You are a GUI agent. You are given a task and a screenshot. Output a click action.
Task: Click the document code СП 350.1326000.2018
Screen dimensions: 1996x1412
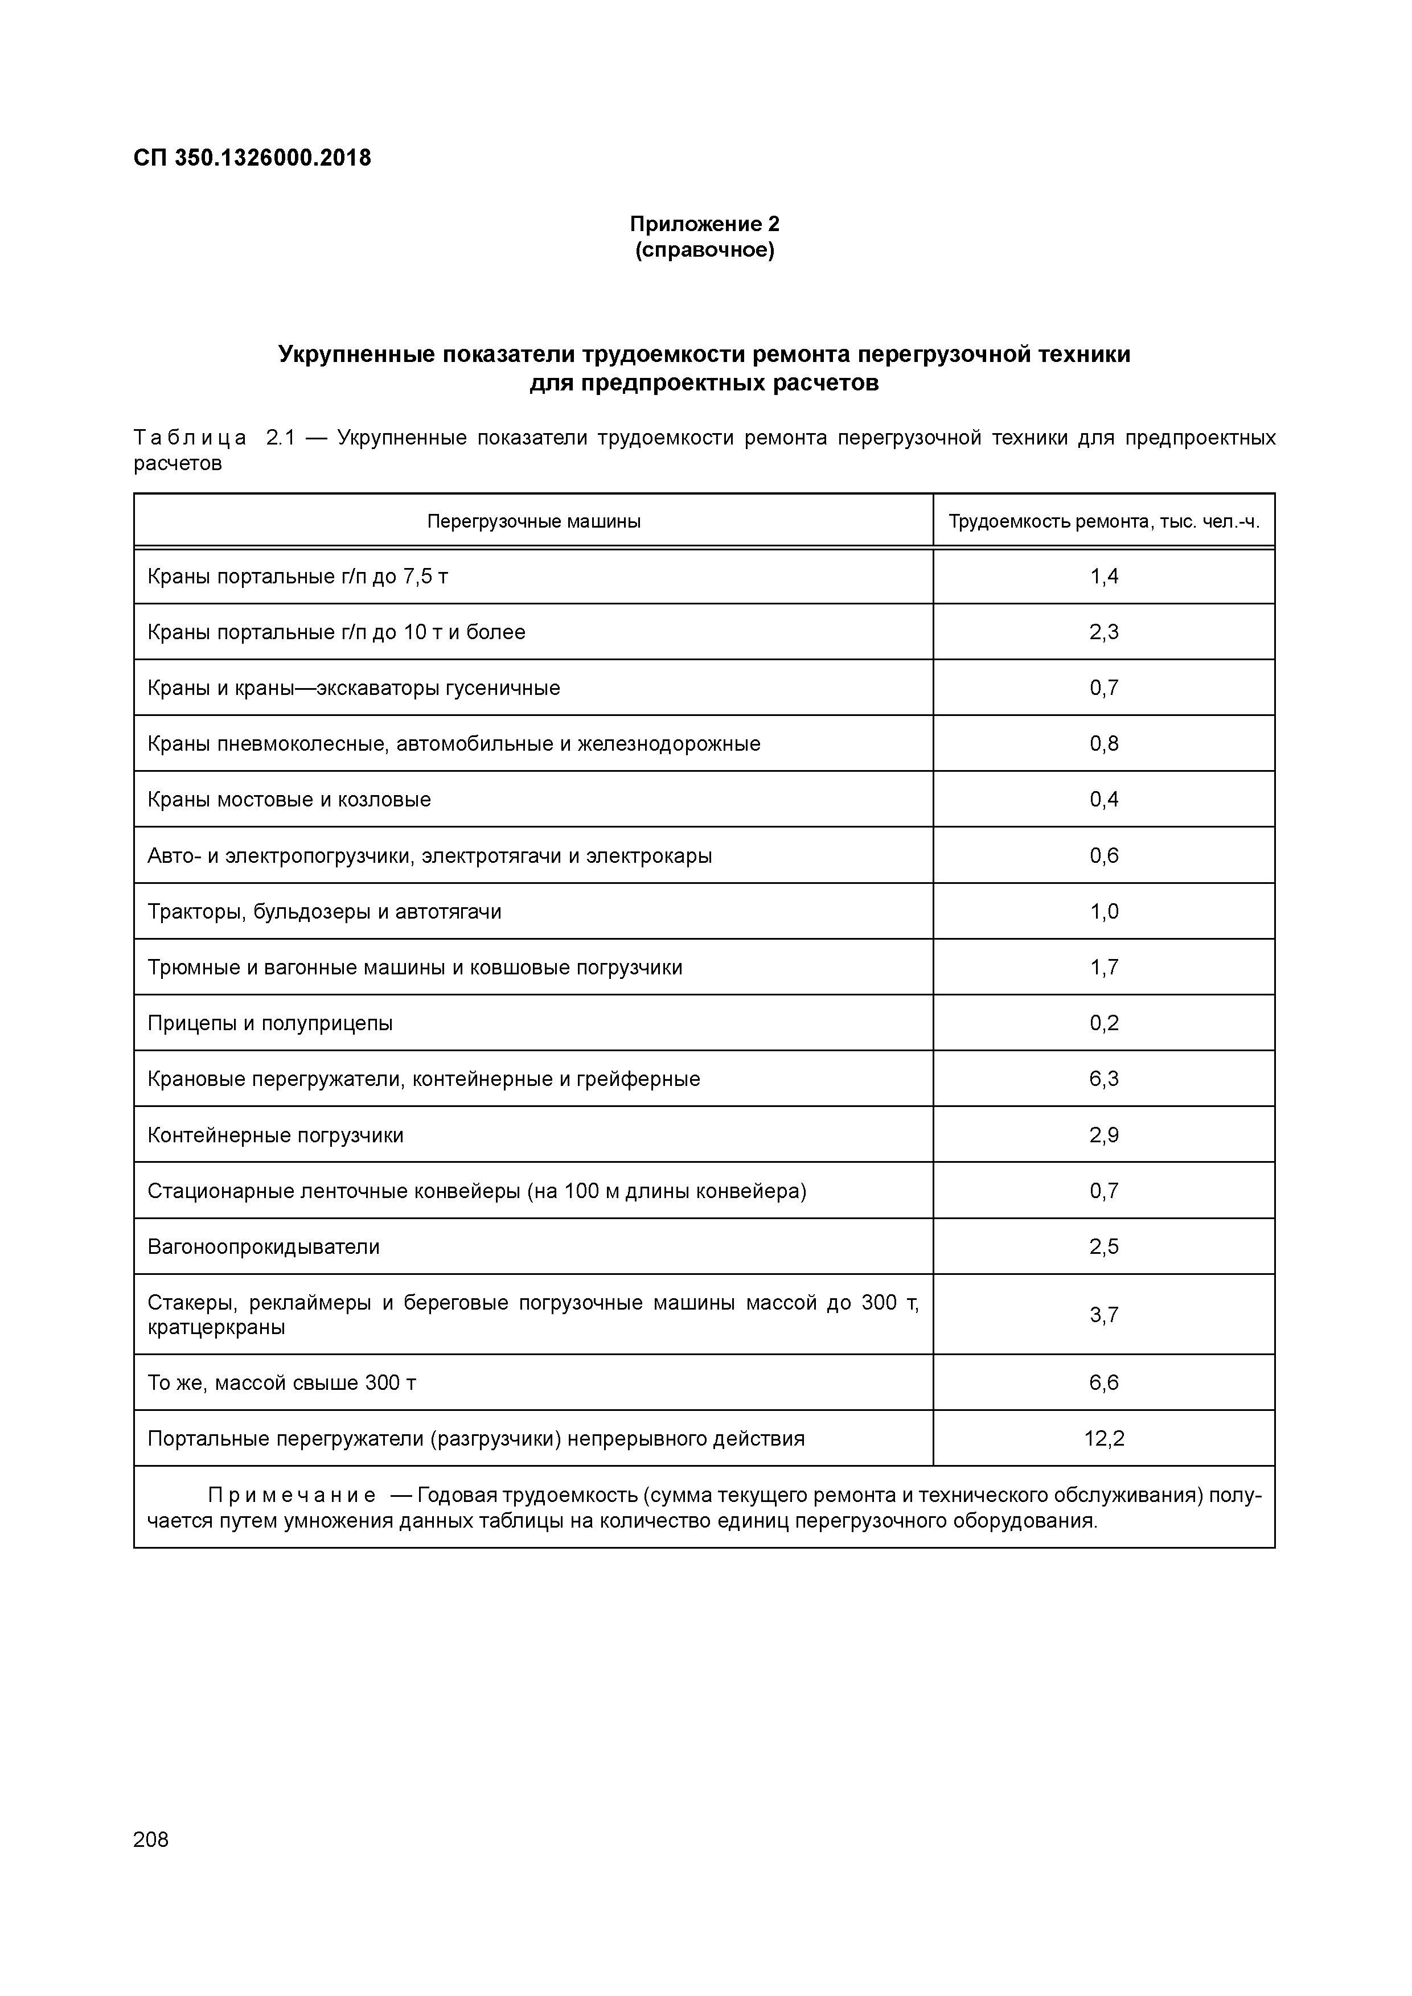tap(252, 158)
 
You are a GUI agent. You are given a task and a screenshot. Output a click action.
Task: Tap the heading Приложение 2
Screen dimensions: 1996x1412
tap(704, 224)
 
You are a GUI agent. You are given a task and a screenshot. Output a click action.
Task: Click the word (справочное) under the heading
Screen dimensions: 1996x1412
tap(704, 251)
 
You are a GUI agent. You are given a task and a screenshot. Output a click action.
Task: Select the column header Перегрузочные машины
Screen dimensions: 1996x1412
tap(534, 521)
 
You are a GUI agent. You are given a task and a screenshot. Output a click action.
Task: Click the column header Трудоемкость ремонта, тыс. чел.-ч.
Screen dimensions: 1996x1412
tap(1103, 521)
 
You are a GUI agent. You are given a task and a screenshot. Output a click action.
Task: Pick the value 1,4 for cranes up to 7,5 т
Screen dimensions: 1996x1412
tap(1103, 577)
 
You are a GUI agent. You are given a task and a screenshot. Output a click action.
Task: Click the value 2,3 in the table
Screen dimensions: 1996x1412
tap(1103, 632)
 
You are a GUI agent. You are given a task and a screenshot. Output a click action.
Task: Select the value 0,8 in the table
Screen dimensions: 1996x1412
tap(1103, 744)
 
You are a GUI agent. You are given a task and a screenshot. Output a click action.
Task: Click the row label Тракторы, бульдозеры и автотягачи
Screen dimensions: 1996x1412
tap(325, 912)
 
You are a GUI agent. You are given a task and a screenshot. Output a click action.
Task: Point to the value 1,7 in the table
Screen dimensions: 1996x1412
tap(1103, 968)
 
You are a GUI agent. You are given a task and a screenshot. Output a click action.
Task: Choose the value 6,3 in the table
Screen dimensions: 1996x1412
tap(1103, 1080)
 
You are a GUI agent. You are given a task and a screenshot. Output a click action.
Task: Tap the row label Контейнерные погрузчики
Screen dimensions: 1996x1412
tap(275, 1135)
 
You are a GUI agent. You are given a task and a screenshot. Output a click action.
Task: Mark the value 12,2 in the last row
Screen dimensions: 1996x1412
tap(1103, 1439)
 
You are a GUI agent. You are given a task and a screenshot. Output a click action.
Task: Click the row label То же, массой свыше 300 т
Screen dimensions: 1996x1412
tap(282, 1383)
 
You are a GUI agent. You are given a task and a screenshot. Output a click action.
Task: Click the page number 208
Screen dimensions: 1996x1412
tap(151, 1839)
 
